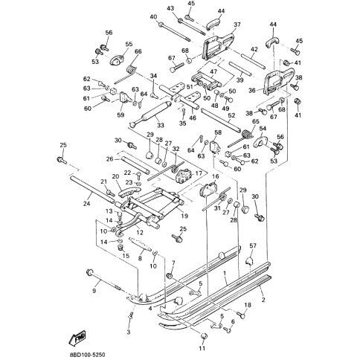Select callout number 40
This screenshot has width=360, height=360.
(153, 16)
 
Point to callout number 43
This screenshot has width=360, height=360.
(170, 8)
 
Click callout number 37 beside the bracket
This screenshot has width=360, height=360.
(237, 25)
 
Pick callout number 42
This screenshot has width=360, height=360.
(253, 49)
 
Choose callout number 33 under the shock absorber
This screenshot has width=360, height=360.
(160, 125)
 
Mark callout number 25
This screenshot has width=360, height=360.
(63, 144)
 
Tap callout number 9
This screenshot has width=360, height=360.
(94, 291)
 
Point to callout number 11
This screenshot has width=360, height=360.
(202, 347)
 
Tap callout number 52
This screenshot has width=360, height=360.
(231, 116)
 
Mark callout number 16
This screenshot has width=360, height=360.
(216, 177)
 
